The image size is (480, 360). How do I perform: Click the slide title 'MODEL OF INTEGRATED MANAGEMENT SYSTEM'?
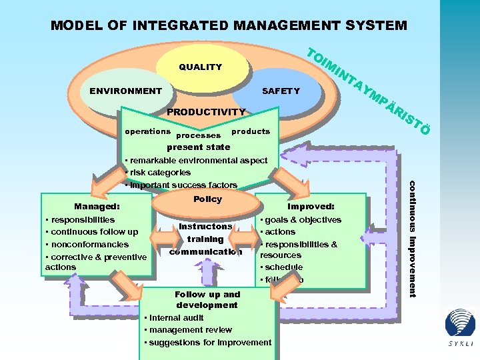tap(229, 26)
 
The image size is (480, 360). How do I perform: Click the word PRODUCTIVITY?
tap(206, 112)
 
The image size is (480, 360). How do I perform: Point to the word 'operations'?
tap(148, 131)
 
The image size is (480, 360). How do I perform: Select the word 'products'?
tap(251, 131)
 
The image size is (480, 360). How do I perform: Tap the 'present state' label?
tap(199, 147)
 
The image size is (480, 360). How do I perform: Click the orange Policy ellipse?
tap(207, 199)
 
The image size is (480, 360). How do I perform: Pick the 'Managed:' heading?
tap(97, 207)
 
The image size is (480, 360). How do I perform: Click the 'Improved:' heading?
tap(311, 207)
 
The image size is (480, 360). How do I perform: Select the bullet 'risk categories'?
tap(160, 173)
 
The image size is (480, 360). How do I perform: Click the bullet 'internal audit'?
tap(177, 318)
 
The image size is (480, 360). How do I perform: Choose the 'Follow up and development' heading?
tap(207, 299)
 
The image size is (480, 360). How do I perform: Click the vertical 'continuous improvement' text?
tap(412, 239)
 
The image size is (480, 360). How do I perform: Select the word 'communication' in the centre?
tap(205, 251)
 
